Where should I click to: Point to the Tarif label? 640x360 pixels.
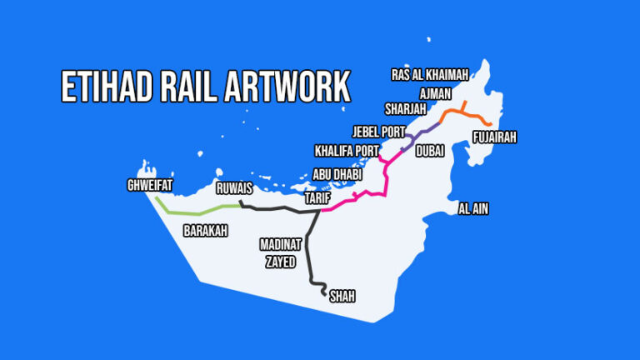(318, 198)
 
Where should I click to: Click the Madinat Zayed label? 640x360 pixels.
(280, 252)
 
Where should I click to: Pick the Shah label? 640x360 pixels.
(342, 295)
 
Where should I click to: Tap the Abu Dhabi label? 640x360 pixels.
(338, 175)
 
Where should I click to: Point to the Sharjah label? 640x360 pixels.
(405, 109)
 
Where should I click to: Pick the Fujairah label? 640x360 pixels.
(494, 137)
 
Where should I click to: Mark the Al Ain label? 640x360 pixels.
(473, 208)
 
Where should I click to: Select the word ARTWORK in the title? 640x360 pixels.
(289, 87)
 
